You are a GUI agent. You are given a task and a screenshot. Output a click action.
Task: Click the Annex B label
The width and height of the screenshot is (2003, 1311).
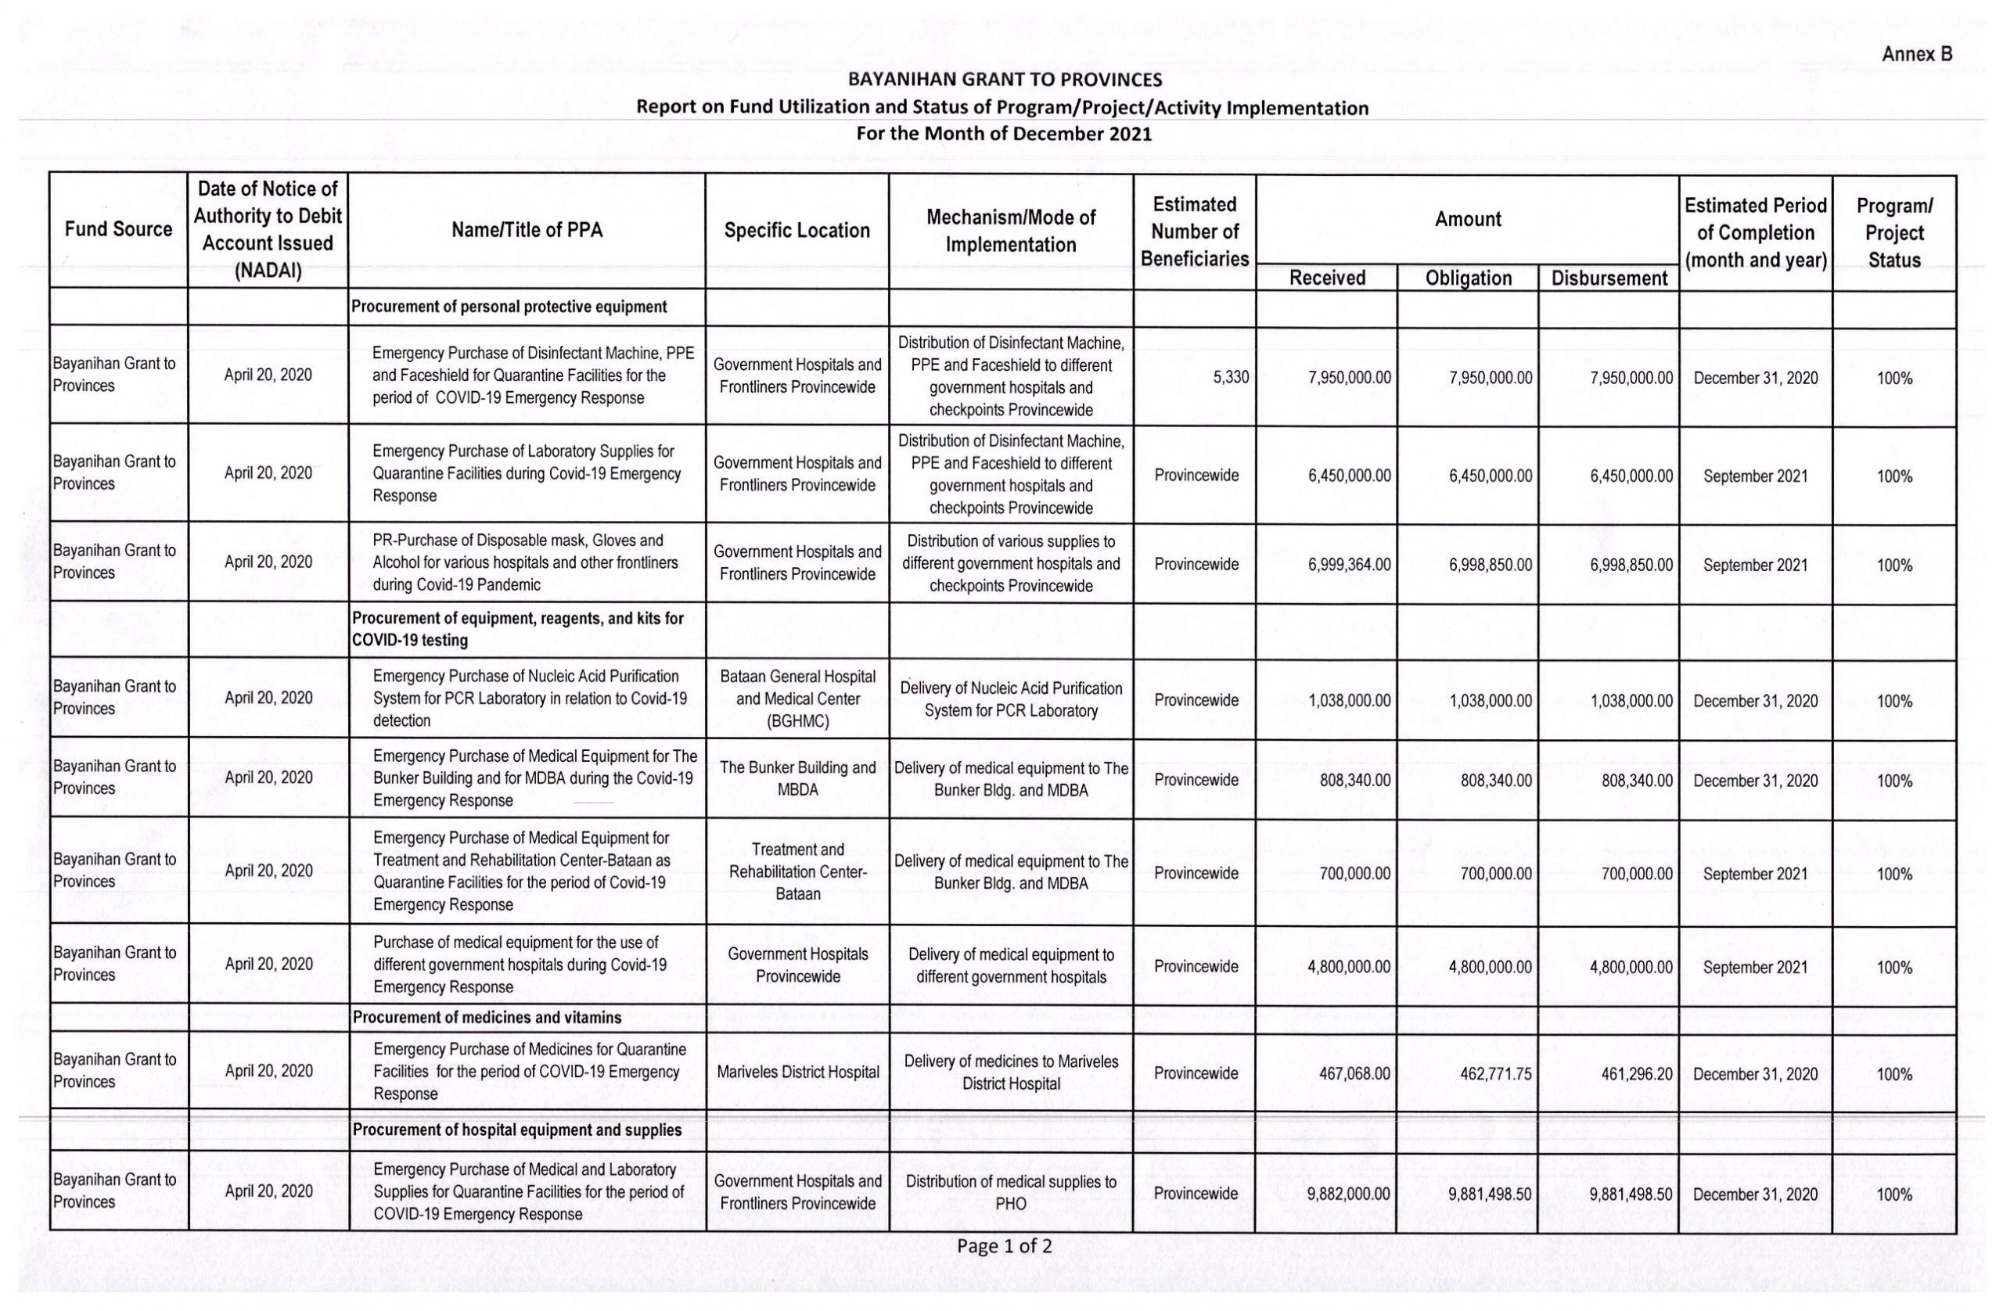tap(1916, 54)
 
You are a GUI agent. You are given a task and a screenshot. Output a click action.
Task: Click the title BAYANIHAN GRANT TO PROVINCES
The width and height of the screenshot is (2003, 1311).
tap(1005, 80)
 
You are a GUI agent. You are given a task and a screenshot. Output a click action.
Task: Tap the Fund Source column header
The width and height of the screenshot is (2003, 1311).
tap(118, 229)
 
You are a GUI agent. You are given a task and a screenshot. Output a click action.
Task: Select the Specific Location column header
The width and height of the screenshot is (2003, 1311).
tap(797, 231)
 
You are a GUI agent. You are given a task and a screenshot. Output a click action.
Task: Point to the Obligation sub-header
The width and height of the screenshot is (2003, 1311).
tap(1468, 278)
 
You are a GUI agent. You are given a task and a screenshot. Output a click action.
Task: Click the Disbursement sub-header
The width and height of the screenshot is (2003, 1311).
tap(1609, 278)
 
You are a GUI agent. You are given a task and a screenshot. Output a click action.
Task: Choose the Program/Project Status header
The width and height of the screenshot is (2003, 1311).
tap(1893, 232)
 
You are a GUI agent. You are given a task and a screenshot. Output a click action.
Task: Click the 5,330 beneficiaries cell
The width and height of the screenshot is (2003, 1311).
tap(1231, 378)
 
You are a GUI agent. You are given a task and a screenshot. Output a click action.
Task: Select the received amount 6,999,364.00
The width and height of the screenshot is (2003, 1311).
tap(1348, 565)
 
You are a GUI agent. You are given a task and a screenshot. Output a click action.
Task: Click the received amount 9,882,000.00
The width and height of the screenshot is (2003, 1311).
tap(1348, 1194)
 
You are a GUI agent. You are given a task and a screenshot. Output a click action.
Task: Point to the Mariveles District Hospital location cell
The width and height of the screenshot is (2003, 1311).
tap(797, 1072)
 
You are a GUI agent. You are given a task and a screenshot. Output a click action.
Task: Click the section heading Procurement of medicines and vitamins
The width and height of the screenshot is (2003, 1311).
tap(487, 1018)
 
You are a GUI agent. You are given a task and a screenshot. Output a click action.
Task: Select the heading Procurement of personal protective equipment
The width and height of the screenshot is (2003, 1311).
tap(509, 307)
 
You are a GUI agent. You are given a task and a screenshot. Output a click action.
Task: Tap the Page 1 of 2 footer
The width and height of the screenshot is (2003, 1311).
tap(1004, 1246)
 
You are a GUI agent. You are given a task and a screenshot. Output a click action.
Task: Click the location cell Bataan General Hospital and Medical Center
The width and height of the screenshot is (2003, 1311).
tap(797, 699)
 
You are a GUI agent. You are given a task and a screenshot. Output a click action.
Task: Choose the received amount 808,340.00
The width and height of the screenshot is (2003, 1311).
tap(1355, 780)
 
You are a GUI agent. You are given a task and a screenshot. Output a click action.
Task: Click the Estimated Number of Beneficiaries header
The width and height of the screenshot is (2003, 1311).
tap(1194, 232)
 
